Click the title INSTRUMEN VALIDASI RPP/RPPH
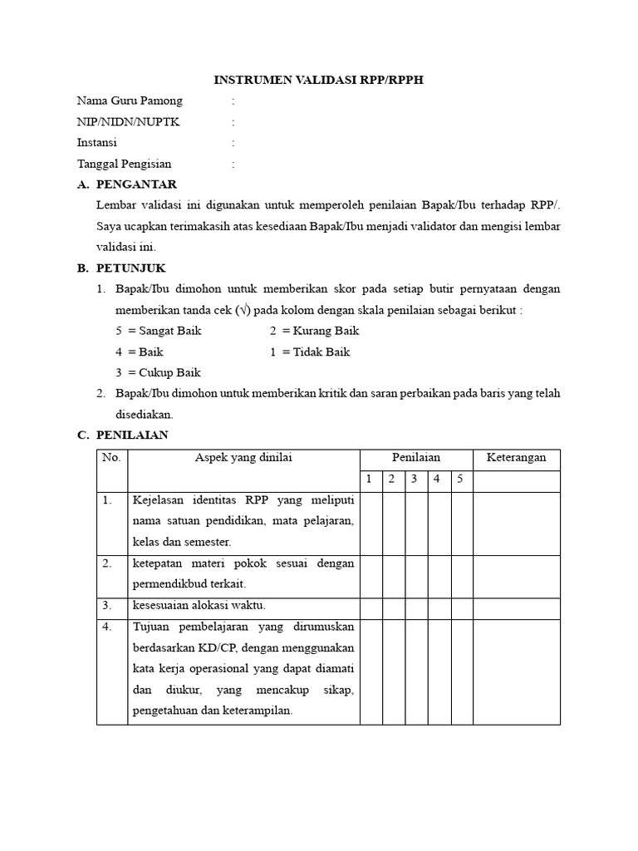[x=319, y=80]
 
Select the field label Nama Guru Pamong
[x=130, y=101]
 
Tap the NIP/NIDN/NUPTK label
[x=127, y=122]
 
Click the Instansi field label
[x=97, y=143]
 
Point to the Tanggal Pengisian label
[x=125, y=164]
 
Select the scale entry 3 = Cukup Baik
[x=158, y=372]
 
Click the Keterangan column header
[x=516, y=458]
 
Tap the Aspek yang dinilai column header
[x=243, y=458]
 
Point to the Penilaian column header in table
[x=416, y=458]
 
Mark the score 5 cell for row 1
[x=461, y=523]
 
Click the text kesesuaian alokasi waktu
[x=199, y=606]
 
